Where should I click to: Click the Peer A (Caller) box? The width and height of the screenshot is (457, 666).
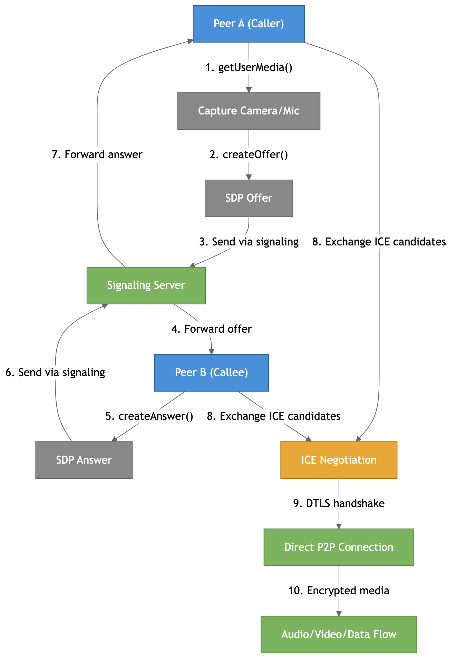tap(249, 24)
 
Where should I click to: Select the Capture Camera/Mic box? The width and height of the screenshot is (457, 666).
tap(249, 111)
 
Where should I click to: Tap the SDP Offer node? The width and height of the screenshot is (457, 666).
tap(249, 198)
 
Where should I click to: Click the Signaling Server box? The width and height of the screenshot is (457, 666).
tap(146, 285)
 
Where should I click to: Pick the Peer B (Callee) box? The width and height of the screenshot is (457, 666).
tap(211, 373)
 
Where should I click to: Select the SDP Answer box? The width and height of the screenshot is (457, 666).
tap(84, 460)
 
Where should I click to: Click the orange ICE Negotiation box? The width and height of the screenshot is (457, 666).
tap(339, 460)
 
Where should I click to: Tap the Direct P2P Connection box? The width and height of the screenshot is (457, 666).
tap(339, 547)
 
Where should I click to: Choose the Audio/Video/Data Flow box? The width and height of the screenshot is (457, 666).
tap(339, 634)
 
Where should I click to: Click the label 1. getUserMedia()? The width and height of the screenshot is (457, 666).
tap(249, 67)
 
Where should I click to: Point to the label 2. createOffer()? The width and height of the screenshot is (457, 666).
tap(249, 154)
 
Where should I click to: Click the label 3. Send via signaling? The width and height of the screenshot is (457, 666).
tap(249, 242)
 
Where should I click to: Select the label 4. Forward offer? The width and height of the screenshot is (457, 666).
tap(212, 329)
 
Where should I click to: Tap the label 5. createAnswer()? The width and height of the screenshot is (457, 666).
tap(149, 416)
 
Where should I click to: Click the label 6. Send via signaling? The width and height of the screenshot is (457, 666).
tap(55, 373)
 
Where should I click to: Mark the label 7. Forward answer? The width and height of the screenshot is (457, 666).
tap(97, 154)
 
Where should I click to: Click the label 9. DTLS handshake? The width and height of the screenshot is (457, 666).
tap(339, 503)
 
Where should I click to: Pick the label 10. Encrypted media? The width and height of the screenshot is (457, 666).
tap(339, 591)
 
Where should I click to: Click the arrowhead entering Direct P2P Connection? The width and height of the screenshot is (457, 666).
tap(339, 526)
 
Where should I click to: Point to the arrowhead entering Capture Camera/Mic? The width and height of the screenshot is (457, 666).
tap(249, 90)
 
